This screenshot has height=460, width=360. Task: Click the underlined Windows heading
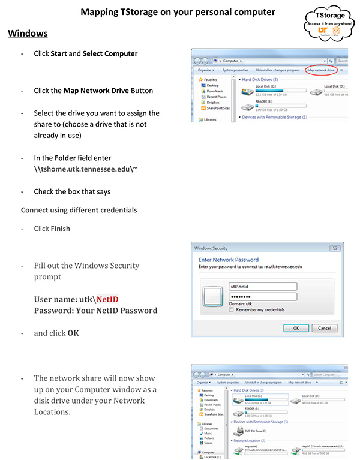[28, 33]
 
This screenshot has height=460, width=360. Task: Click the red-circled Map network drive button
[321, 70]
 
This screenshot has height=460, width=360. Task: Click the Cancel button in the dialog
[323, 328]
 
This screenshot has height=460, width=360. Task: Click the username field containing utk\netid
[263, 287]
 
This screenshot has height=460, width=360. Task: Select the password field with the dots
[263, 296]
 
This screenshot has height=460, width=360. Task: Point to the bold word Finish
[61, 229]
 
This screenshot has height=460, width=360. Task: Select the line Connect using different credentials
[79, 210]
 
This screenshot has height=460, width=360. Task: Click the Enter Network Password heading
[229, 260]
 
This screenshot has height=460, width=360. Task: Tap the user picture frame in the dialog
[214, 297]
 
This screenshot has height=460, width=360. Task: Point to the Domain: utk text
[241, 303]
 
